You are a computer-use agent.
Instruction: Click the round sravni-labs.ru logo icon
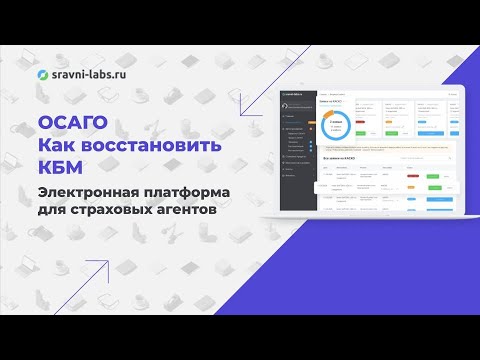42,74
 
